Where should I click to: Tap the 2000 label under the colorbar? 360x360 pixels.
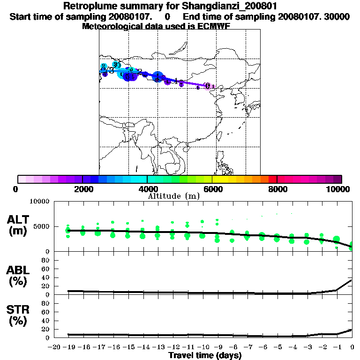click(x=82, y=189)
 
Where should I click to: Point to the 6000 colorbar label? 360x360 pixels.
click(x=212, y=189)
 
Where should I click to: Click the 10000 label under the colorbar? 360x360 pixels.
click(x=338, y=189)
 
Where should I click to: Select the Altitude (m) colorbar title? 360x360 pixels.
click(x=173, y=196)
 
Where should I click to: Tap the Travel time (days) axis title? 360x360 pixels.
click(x=205, y=356)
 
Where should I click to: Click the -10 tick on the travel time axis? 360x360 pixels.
click(x=202, y=347)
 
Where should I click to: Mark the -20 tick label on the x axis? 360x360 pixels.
click(x=53, y=347)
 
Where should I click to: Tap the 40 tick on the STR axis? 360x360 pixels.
click(x=45, y=321)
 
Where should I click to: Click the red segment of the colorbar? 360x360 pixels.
click(x=272, y=179)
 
